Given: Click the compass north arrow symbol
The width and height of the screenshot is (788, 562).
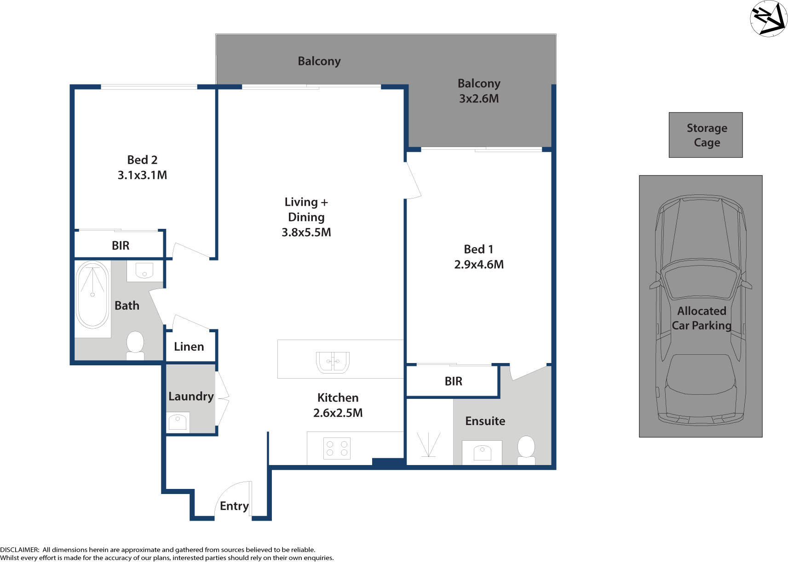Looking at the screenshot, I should click(768, 18).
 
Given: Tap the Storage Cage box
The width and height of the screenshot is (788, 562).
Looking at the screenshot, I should click(706, 135).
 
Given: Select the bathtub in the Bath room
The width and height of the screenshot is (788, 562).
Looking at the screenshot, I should click(92, 295).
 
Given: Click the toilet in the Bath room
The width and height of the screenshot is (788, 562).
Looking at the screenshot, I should click(135, 345).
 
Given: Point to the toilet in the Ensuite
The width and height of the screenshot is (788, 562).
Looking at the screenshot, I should click(526, 450).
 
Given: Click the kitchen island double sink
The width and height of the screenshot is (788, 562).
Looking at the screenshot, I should click(333, 362).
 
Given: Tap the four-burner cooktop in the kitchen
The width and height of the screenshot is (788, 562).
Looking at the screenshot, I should click(337, 448).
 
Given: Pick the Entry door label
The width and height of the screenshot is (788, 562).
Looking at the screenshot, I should click(234, 506).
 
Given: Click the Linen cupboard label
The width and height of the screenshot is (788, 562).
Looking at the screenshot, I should click(189, 346).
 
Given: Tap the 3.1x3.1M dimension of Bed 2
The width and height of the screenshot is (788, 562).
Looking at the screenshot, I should click(142, 175).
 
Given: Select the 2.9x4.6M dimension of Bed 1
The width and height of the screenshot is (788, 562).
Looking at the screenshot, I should click(478, 264).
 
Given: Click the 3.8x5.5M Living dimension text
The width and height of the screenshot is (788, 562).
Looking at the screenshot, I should click(306, 232).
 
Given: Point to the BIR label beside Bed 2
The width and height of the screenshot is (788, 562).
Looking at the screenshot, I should click(121, 245).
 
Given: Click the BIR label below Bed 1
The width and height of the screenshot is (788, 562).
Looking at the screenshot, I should click(453, 381).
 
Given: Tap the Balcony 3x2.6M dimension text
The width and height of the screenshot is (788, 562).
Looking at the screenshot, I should click(478, 98).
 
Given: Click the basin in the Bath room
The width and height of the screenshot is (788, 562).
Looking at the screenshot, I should click(144, 270).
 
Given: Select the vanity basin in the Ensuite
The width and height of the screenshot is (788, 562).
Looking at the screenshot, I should click(482, 453).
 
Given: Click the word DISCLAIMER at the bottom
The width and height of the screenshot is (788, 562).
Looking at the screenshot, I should click(20, 550).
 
